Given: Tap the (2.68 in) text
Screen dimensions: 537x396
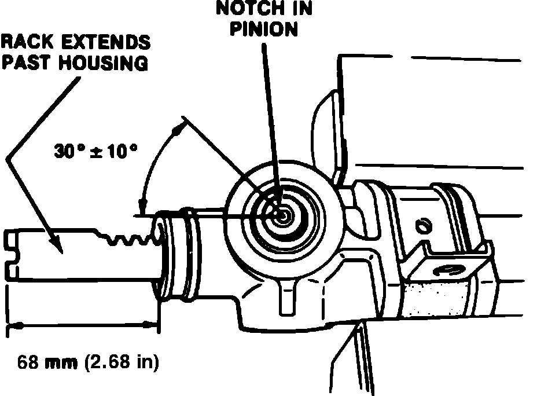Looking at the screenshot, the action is point(120,364).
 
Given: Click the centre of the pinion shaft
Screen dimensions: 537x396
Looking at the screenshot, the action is point(282,214).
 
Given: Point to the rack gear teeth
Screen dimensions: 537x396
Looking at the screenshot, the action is point(130,236).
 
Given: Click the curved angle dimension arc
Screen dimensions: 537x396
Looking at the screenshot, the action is point(154,162).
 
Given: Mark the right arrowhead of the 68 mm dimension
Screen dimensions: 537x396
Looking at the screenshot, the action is point(155,327).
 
